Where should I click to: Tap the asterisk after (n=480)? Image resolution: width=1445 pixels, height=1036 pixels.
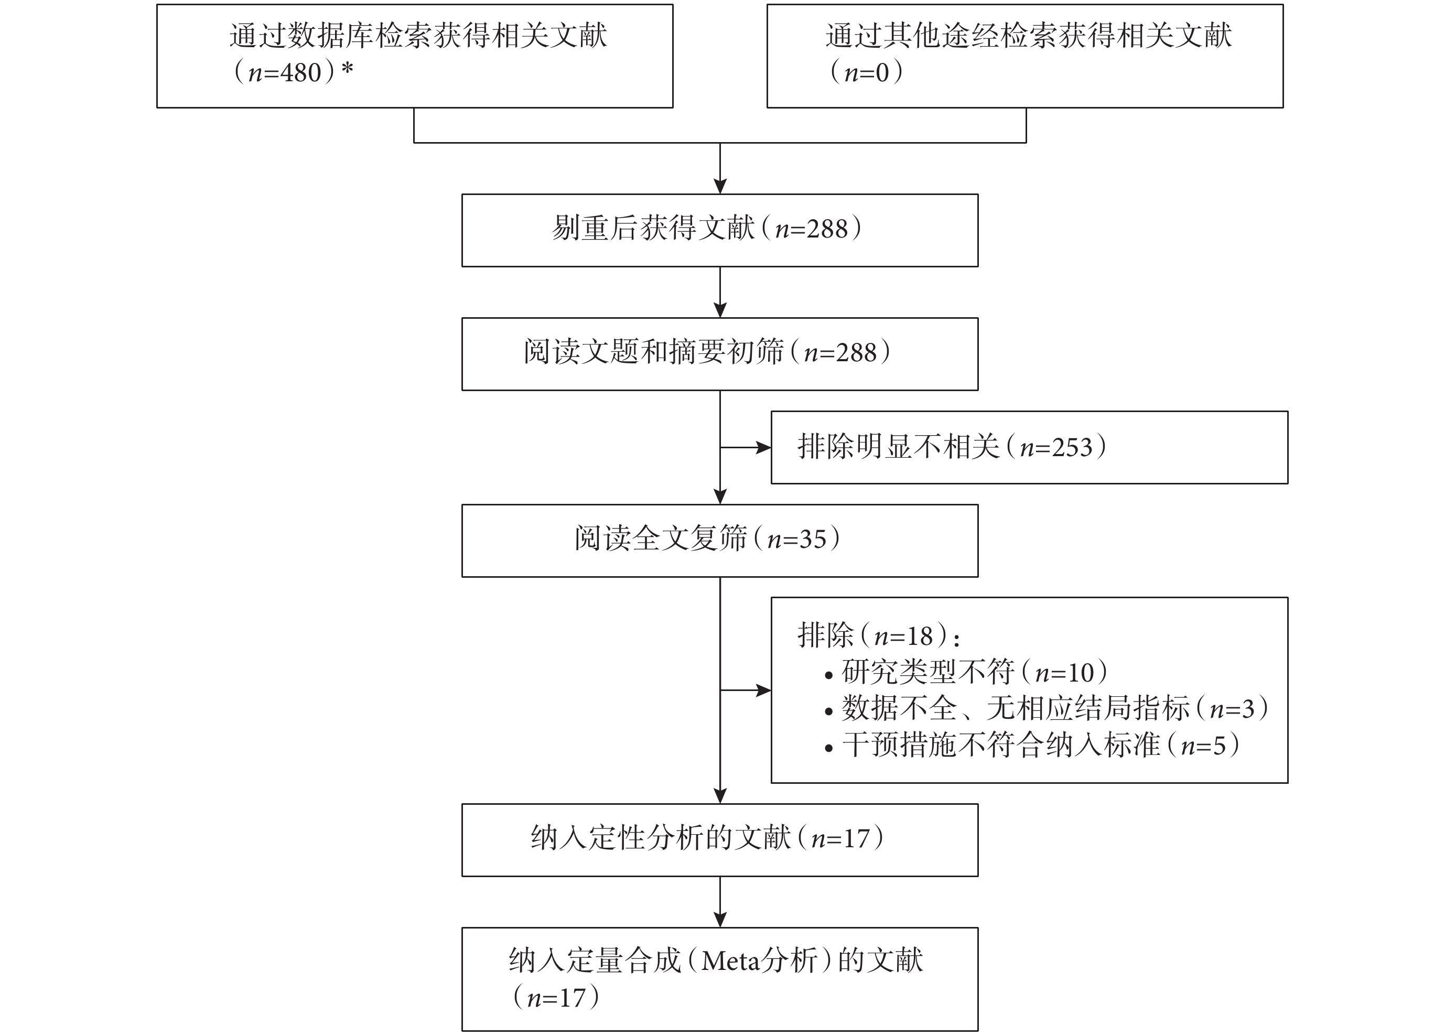[347, 69]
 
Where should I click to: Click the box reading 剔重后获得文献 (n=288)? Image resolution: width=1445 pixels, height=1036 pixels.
[720, 230]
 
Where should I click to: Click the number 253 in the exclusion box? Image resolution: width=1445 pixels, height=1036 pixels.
[1072, 448]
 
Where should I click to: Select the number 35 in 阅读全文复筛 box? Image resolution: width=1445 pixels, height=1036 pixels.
[813, 539]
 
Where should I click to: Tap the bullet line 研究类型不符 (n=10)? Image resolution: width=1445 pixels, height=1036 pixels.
[966, 672]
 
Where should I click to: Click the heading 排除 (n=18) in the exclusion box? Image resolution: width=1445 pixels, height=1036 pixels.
[879, 635]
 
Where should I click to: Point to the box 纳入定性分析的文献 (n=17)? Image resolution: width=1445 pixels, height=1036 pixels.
[720, 840]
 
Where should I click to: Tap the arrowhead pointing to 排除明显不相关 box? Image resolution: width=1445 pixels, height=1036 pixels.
[764, 448]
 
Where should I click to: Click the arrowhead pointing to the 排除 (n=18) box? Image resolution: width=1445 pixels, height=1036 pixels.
[764, 690]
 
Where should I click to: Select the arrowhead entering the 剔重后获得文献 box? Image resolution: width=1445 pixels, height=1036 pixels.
[720, 186]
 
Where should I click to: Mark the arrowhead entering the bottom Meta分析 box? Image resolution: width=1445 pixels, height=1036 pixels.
[720, 920]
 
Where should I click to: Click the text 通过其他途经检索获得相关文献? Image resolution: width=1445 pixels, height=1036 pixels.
[1029, 36]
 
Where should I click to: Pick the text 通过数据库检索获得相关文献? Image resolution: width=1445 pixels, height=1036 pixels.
[418, 36]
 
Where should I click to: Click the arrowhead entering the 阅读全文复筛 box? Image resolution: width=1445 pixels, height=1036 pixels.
[720, 497]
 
